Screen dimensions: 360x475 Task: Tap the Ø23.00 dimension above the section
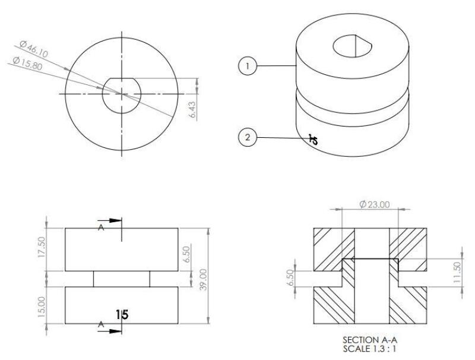tap(374, 204)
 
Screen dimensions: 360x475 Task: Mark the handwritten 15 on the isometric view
tap(312, 140)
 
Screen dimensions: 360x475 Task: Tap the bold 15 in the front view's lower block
tap(123, 312)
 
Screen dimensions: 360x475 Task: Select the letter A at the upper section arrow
tap(100, 229)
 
